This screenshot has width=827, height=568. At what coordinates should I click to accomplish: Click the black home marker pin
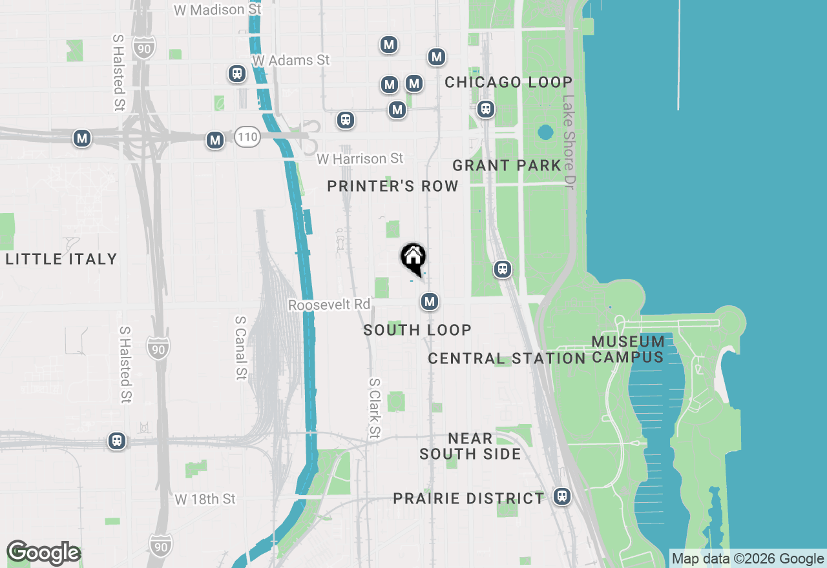413,259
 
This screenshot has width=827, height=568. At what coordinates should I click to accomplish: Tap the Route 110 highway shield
247,136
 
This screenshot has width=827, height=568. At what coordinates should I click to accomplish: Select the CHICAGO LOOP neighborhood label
508,83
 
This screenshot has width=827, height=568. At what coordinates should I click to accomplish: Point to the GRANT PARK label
507,166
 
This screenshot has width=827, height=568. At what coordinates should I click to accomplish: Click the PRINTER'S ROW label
392,187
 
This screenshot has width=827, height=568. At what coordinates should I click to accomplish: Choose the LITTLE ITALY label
61,259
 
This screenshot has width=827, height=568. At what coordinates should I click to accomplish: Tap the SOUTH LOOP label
417,330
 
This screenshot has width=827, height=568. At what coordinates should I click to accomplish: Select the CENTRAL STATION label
507,358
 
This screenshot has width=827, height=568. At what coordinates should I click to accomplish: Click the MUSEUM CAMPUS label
627,349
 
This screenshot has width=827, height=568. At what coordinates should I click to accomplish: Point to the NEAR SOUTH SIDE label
470,447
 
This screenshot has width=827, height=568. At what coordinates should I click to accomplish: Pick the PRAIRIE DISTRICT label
469,499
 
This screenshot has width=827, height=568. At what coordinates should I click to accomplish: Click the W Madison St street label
218,10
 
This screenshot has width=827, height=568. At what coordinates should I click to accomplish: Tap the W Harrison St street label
359,159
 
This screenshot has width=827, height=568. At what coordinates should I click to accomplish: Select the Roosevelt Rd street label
329,305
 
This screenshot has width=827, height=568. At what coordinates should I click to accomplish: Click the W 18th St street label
205,500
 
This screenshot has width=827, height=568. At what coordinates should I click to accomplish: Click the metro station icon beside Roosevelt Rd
430,301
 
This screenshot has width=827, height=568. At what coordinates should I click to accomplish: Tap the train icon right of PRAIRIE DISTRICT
562,496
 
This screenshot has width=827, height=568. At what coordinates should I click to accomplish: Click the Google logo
43,553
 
